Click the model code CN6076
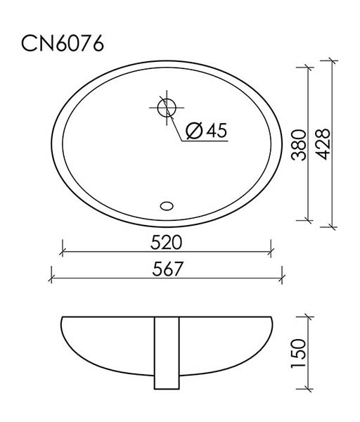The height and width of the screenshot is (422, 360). coord(63,44)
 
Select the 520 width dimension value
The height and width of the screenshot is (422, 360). coord(166,242)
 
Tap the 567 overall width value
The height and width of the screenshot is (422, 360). coord(167,269)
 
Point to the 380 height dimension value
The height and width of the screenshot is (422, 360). coord(300,145)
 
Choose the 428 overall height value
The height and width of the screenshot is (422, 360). coord(323,144)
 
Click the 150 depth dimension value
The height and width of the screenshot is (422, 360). coord(298,353)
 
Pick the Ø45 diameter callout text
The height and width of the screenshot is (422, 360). coord(207,131)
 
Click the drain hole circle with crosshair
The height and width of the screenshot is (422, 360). coord(167,108)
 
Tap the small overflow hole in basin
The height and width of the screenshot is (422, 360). coord(167,206)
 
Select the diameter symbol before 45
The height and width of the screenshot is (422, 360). coord(194,131)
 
